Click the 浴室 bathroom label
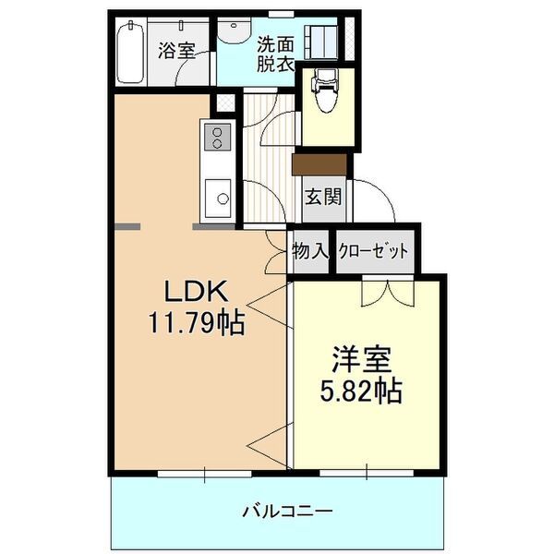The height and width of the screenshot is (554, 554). tap(175, 50)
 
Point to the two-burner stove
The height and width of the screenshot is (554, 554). tap(217, 138)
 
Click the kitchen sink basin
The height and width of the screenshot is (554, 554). tap(219, 196)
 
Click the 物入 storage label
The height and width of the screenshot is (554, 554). tap(309, 250)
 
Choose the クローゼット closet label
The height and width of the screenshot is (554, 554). tap(373, 250)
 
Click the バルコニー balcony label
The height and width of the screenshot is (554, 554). tap(287, 510)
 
